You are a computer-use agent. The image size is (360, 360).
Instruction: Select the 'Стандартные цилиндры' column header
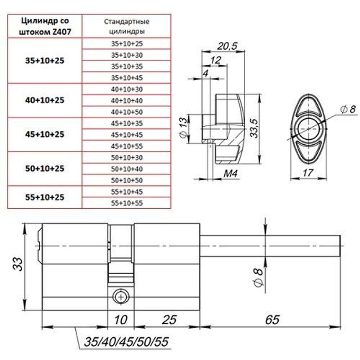coord(127,26)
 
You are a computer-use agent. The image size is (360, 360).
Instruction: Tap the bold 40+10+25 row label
coord(45,100)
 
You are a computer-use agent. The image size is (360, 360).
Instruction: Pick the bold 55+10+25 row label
coord(45,197)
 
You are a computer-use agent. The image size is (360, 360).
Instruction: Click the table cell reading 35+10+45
coord(127,77)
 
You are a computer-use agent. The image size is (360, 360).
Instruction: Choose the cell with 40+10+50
coord(127,112)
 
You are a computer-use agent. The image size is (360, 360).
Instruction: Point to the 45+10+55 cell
coord(127,146)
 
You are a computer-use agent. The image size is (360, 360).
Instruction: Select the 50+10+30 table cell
coord(127,157)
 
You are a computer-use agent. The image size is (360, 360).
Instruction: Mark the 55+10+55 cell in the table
coord(127,203)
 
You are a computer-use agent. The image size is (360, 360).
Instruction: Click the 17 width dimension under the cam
coord(307,173)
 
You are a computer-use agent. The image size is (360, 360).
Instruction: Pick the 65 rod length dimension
coord(272,319)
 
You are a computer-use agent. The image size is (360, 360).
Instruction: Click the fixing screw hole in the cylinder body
coord(121,296)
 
